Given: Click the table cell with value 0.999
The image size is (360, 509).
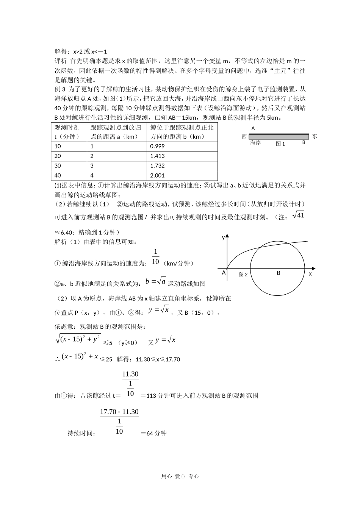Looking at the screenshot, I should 182,146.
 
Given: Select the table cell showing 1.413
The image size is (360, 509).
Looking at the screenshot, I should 182,156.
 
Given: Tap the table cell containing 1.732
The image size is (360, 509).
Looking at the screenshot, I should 182,166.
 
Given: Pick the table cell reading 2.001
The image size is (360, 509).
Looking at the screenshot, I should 182,176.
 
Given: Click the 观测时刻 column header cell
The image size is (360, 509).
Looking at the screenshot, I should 69,132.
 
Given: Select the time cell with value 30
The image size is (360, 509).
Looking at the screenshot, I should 69,166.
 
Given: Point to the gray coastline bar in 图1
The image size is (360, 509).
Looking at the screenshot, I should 279,136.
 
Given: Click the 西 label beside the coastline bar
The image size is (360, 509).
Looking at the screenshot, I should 244,136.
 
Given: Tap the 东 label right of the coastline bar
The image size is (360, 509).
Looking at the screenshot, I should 315,136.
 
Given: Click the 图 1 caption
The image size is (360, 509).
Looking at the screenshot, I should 280,144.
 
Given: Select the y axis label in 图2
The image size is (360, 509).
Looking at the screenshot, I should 223,238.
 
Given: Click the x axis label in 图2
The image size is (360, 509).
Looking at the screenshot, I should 310,273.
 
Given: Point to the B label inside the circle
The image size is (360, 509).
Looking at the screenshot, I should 279,273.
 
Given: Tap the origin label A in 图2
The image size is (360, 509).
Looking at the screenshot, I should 224,273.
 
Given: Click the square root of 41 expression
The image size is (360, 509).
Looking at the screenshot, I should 298,215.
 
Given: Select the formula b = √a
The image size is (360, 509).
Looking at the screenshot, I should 156,281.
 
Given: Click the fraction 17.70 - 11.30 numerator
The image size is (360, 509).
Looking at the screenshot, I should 119,412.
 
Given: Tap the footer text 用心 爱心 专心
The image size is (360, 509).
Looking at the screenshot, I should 180,476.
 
